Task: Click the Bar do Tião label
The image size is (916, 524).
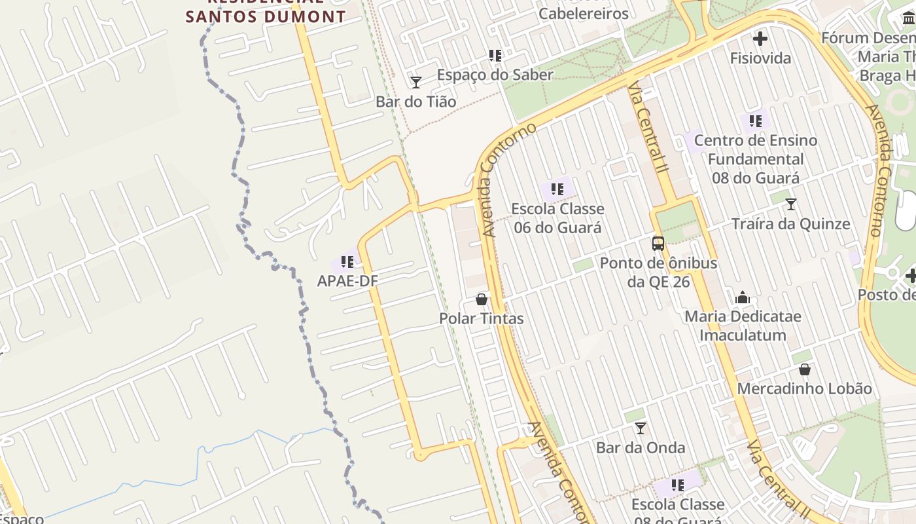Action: [415, 102]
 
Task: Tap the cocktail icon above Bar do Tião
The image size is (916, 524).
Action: [415, 82]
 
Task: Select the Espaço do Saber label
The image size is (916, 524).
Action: [495, 75]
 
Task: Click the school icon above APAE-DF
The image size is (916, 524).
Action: [347, 262]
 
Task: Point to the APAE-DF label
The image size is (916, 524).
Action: [347, 281]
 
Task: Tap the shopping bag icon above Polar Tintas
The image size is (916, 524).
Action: [482, 299]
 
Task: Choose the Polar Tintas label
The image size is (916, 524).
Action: [482, 318]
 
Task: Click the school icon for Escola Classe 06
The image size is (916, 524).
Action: [557, 189]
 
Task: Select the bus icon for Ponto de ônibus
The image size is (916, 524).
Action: [658, 244]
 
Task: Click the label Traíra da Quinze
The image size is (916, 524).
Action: [790, 224]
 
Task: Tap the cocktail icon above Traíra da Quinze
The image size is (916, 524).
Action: [790, 204]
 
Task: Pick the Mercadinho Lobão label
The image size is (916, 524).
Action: [804, 388]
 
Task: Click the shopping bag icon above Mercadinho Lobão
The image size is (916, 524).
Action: [804, 369]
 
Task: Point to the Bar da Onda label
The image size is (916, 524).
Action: [641, 448]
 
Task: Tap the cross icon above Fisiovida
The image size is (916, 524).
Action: [760, 39]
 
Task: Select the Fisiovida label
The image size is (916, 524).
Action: [760, 58]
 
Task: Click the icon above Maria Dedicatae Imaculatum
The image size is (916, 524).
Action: [743, 297]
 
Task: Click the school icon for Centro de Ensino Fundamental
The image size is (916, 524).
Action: [756, 121]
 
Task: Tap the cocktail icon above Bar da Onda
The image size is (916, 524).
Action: [641, 428]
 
